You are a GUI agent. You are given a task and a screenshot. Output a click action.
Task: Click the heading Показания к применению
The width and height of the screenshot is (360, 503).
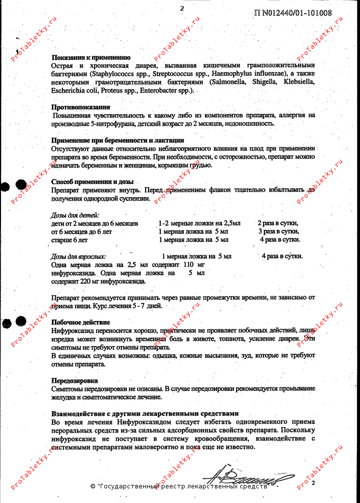(x=91, y=57)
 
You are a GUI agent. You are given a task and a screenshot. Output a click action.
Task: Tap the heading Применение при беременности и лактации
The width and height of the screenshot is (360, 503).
(x=117, y=140)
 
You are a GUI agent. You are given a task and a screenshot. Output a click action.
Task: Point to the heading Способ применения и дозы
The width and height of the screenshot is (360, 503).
(x=92, y=182)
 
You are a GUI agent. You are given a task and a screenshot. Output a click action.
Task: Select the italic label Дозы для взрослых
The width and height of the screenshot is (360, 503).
(x=79, y=256)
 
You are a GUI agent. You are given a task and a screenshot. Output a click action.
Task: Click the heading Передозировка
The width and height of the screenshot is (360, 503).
(x=75, y=381)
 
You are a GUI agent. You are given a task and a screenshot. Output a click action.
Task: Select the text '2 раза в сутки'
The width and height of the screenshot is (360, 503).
(x=277, y=223)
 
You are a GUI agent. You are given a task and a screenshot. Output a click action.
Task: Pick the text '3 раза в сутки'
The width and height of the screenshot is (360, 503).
(x=278, y=231)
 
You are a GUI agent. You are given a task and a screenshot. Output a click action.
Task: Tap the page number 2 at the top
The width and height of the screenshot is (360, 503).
(x=182, y=8)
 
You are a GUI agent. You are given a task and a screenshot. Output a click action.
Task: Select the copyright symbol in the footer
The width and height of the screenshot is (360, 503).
(x=93, y=486)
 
